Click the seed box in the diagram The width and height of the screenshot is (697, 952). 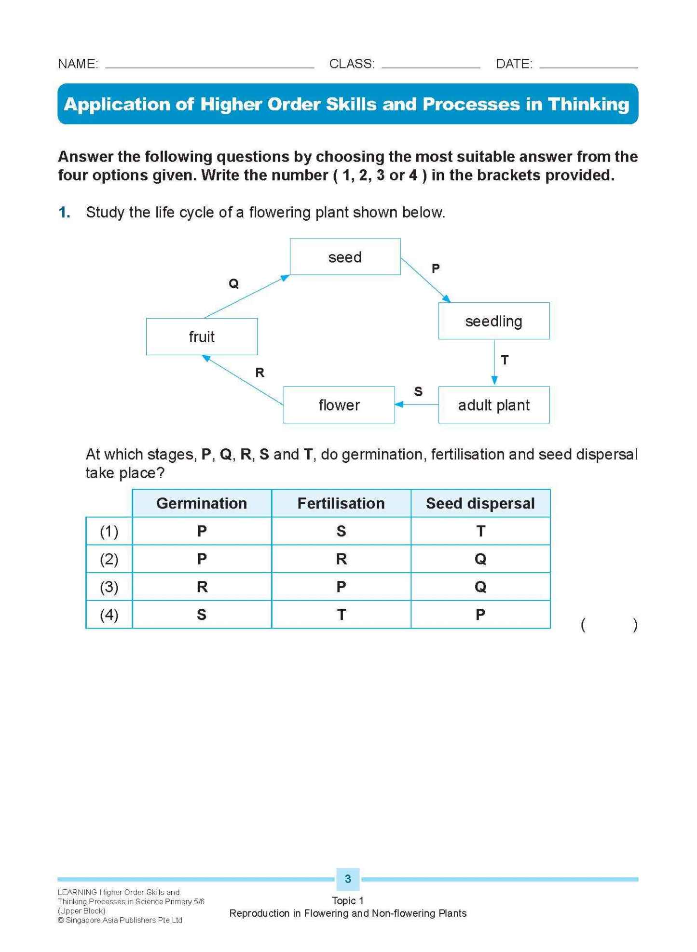345,257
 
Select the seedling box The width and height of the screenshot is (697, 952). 493,321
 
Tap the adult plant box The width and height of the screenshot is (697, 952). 493,405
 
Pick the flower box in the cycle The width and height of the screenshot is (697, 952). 339,405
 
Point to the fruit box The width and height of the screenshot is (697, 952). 202,336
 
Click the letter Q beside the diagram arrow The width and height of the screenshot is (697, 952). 233,283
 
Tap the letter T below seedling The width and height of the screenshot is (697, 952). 505,360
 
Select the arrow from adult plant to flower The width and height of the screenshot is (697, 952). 416,404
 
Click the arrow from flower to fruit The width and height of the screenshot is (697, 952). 243,380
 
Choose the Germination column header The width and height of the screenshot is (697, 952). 202,503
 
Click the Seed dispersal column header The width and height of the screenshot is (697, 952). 480,503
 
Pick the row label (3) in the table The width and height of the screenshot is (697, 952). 109,587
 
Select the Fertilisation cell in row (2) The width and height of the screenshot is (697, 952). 341,559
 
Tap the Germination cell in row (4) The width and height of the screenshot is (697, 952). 202,615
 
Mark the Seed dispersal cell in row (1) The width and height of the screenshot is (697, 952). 480,531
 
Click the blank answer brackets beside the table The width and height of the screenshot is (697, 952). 609,625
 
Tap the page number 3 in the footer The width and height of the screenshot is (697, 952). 348,879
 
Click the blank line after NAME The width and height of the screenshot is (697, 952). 209,64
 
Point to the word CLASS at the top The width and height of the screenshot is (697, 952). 352,64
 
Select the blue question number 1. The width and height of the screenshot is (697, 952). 64,212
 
